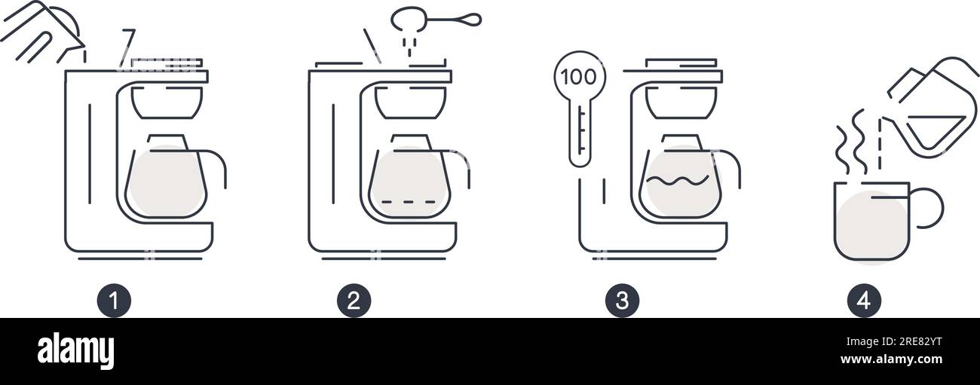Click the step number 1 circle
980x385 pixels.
click(114, 301)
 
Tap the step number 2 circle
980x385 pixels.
click(354, 301)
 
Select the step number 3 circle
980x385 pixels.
click(622, 301)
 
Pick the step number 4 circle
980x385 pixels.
click(864, 301)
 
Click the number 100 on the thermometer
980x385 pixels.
click(579, 78)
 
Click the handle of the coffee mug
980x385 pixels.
click(930, 209)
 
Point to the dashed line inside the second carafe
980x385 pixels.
click(409, 202)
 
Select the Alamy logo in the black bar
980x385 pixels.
click(75, 351)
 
